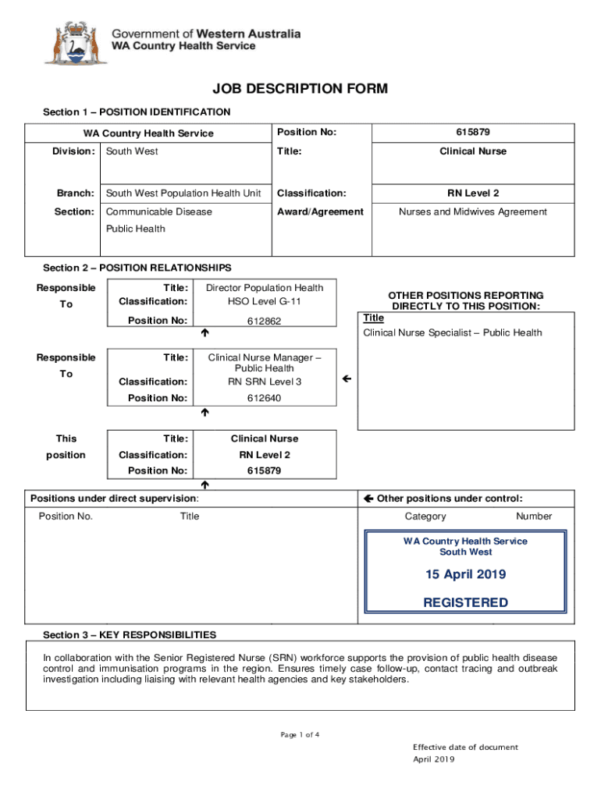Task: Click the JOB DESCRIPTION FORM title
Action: pos(300,89)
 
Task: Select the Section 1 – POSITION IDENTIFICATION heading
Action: pos(137,112)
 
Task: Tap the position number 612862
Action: pos(264,321)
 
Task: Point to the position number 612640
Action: pos(264,398)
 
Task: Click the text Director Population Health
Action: pos(264,287)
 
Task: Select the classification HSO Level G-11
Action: pos(264,301)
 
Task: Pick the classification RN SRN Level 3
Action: pos(264,382)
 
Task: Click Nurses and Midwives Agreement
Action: pos(472,211)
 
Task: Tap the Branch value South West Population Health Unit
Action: pos(183,193)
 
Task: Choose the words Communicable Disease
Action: pos(158,211)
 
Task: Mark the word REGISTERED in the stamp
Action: pos(465,602)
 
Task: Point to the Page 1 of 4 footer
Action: pos(300,735)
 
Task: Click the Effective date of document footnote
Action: pos(465,748)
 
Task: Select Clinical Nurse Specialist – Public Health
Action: pos(452,333)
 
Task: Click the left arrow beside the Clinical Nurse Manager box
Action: pos(347,378)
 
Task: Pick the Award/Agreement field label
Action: pos(320,211)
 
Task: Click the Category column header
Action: pos(425,516)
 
